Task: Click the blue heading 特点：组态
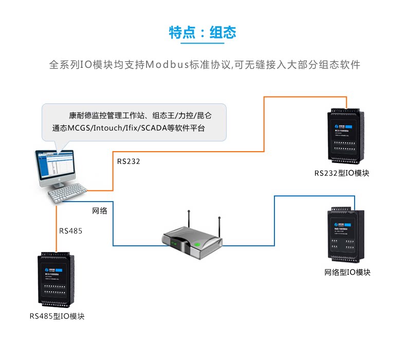click(202, 32)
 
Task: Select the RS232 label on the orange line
click(128, 161)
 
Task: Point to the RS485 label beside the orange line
click(70, 231)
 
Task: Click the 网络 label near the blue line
click(100, 211)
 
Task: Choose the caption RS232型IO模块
click(342, 173)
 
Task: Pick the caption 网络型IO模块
click(347, 272)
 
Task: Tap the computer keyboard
click(67, 193)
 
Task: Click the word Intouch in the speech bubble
click(107, 128)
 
